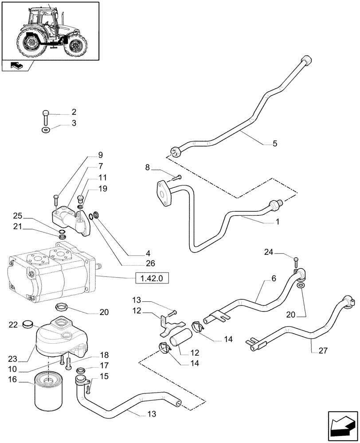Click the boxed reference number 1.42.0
tap(152, 279)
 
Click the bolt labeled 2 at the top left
tap(46, 117)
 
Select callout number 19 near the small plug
tap(103, 189)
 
